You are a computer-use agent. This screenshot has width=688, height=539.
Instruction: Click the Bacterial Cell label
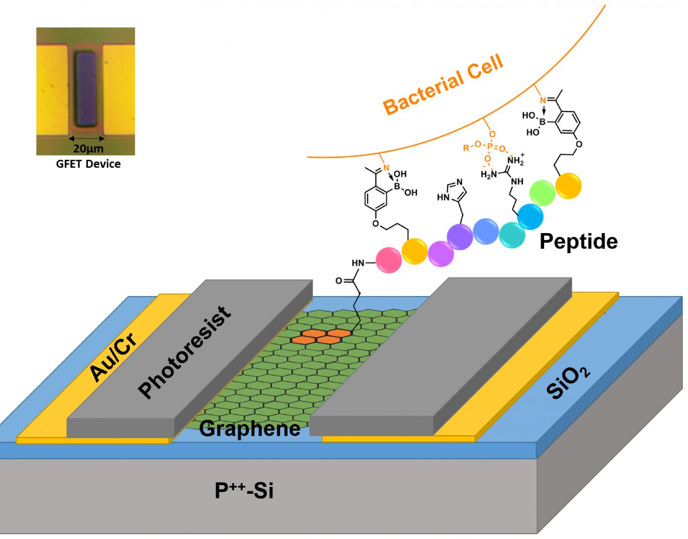tap(443, 85)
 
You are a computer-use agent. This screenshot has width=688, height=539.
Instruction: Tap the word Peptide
tap(578, 242)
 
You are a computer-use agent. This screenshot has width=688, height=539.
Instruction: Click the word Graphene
tap(249, 428)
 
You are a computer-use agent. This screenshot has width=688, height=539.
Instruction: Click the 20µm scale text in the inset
tap(88, 148)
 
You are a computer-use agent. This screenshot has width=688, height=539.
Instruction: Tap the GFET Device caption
tap(88, 164)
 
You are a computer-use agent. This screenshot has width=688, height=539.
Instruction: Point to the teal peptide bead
tap(513, 234)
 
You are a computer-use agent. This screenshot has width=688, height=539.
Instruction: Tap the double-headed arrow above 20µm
tap(86, 138)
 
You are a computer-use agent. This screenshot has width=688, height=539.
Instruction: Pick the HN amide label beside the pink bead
tap(359, 263)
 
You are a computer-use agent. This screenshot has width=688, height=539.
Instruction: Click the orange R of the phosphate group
tap(466, 148)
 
